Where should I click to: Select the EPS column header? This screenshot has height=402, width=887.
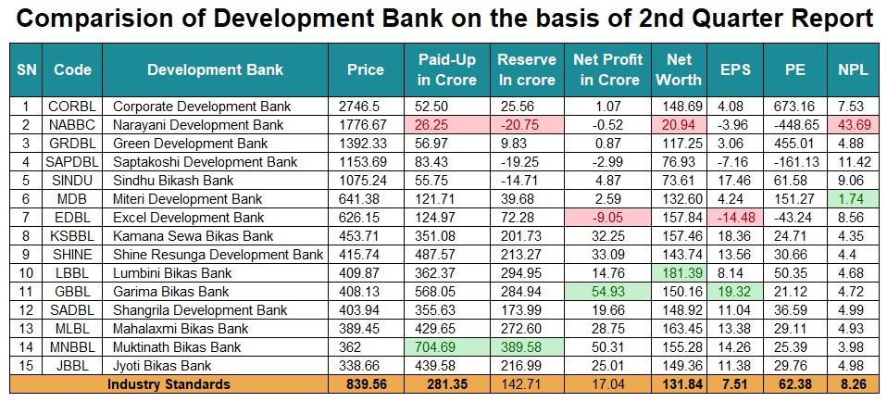pyautogui.click(x=736, y=69)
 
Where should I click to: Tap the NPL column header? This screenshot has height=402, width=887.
pyautogui.click(x=854, y=69)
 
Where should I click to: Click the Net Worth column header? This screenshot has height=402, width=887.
pyautogui.click(x=679, y=69)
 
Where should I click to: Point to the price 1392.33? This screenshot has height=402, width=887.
pyautogui.click(x=365, y=143)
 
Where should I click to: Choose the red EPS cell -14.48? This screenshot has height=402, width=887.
pyautogui.click(x=736, y=217)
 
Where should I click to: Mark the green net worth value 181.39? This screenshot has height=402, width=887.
pyautogui.click(x=679, y=272)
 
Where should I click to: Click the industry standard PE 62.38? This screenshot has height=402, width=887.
pyautogui.click(x=795, y=383)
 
